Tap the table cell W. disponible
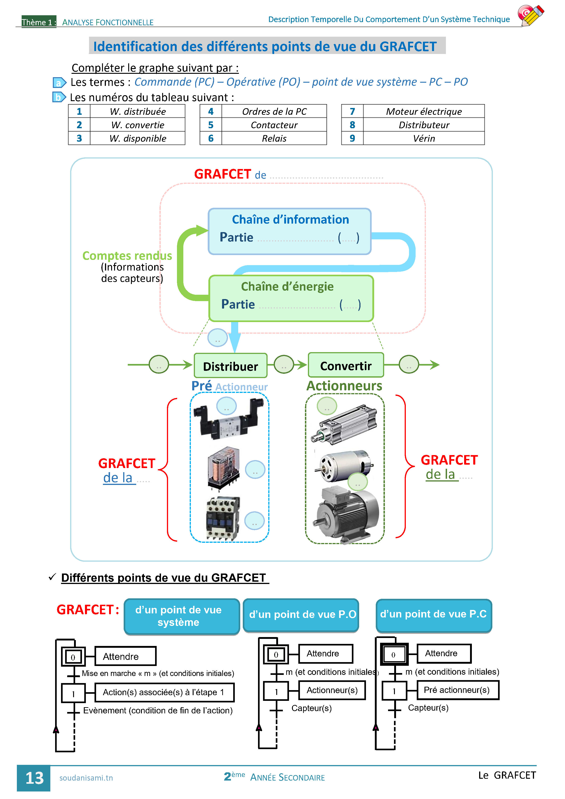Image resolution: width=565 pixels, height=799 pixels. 138,138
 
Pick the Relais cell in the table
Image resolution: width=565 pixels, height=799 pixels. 274,138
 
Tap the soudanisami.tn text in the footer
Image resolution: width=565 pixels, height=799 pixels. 86,778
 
